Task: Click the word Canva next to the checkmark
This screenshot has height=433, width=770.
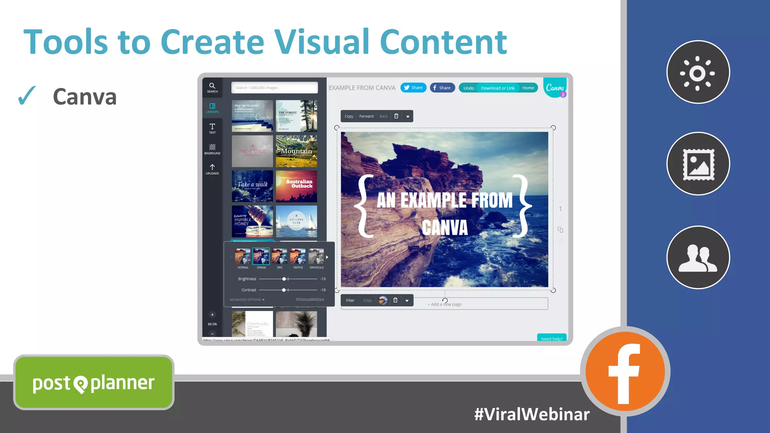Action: coord(85,97)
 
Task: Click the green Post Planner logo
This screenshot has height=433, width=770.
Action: coord(94,382)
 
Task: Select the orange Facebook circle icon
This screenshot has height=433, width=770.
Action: coord(625,371)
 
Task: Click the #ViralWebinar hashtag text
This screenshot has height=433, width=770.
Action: coord(532,414)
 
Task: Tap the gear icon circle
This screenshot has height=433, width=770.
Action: coord(698,72)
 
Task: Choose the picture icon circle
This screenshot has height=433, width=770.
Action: coord(698,164)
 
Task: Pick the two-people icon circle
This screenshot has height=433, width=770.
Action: coord(698,257)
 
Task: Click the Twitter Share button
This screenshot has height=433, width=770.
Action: coord(413,88)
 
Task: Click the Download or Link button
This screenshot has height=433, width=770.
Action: coord(497,88)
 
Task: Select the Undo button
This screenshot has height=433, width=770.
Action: coord(468,88)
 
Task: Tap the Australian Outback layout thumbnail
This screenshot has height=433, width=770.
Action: coord(296,186)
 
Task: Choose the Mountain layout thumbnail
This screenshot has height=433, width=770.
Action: coord(296,151)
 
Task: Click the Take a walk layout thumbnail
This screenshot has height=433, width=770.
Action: coord(252,186)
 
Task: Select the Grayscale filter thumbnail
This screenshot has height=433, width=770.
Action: coord(316,256)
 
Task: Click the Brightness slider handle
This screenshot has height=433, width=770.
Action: coord(284,279)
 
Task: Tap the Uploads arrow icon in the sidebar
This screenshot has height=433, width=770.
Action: coord(212,167)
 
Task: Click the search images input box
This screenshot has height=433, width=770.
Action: coord(274,88)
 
